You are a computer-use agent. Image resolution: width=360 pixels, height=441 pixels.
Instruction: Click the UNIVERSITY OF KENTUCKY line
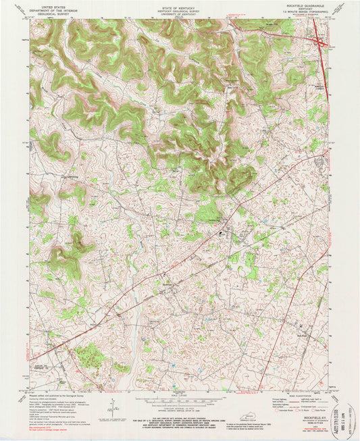180,14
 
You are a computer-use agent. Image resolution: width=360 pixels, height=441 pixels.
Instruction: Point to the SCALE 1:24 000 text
179,395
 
